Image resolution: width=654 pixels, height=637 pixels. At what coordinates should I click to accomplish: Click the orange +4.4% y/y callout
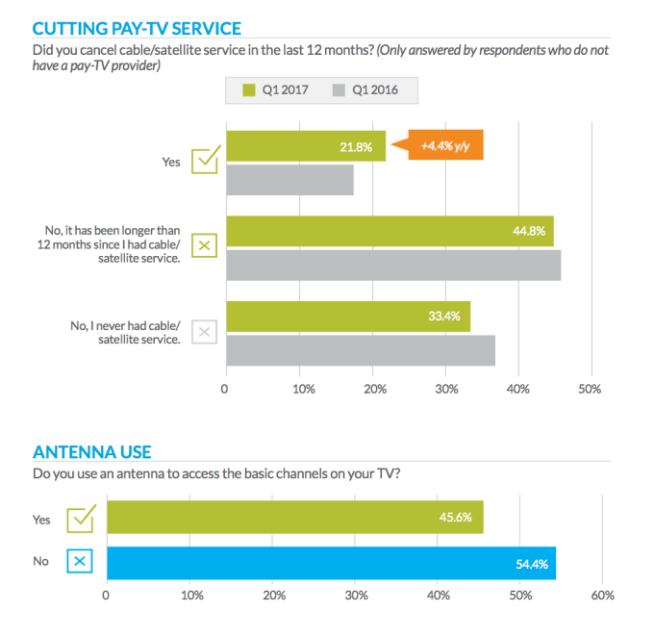(447, 145)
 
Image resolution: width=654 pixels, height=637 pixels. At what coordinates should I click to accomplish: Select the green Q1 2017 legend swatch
(248, 90)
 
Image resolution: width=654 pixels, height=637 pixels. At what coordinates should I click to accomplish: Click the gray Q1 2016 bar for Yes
(289, 181)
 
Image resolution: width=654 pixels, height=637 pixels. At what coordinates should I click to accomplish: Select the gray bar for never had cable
(361, 351)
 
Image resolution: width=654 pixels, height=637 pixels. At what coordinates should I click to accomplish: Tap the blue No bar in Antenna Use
(331, 564)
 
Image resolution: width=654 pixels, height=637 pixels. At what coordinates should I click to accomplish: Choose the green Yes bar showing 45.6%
(294, 517)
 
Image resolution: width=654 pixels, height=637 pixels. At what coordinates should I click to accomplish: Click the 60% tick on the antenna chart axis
(603, 596)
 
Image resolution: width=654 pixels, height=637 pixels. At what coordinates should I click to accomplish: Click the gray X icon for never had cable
(204, 333)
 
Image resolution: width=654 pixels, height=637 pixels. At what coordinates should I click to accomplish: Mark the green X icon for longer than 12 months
(204, 246)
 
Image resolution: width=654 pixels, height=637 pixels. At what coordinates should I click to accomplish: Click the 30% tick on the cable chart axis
(445, 390)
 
